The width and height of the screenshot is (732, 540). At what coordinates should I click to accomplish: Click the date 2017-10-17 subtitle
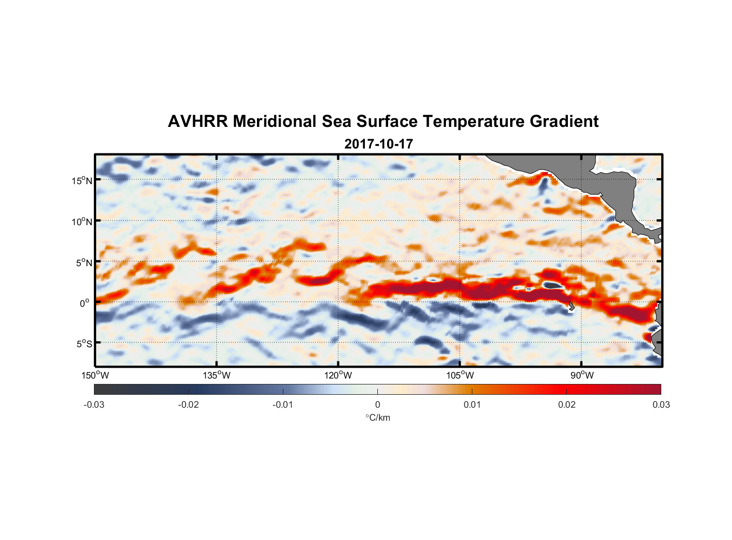378,144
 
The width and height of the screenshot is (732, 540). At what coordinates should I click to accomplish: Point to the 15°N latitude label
82,180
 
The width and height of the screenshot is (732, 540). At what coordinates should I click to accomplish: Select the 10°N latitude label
82,221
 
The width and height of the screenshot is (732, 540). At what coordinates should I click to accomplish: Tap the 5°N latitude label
84,262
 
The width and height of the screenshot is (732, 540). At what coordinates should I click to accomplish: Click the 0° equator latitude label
85,303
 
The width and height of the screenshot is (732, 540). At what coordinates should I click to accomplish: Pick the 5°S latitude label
84,343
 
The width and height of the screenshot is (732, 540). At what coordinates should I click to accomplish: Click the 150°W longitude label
96,375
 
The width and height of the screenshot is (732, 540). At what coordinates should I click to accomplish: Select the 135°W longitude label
217,375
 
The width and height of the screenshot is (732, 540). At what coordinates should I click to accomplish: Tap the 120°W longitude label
338,375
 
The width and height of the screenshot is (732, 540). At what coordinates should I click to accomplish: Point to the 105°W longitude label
460,375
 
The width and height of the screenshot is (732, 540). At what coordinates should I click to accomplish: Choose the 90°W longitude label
582,375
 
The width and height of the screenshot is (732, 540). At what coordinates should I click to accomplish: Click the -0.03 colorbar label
94,404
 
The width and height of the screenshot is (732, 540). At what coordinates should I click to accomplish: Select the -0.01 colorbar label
283,404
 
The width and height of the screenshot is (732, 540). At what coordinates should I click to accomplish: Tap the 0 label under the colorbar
377,404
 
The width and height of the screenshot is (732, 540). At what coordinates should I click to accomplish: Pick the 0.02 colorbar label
566,404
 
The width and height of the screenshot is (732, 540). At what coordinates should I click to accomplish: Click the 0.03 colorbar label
661,404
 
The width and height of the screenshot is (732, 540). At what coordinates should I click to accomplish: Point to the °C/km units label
377,417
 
